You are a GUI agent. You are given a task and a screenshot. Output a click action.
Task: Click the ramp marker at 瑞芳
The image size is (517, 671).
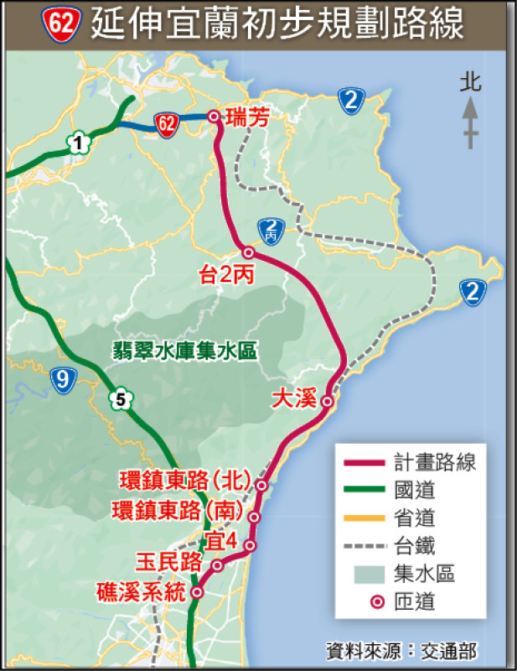point(214,117)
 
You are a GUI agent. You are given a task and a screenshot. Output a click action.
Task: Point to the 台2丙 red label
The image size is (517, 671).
point(226,273)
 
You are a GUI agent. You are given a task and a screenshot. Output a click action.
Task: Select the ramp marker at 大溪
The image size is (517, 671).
point(328,402)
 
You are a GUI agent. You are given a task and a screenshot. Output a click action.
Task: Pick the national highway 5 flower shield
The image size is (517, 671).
point(121,400)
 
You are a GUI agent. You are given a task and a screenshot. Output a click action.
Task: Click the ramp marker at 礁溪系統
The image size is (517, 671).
point(198,592)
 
